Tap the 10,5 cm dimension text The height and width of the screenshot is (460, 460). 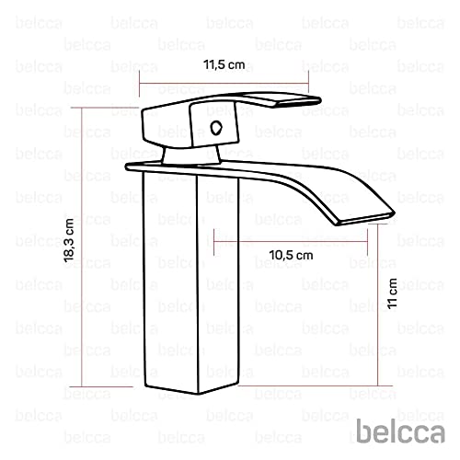pos(291,254)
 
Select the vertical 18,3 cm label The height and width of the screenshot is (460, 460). pos(68,244)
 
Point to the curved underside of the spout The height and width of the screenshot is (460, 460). pos(304,198)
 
